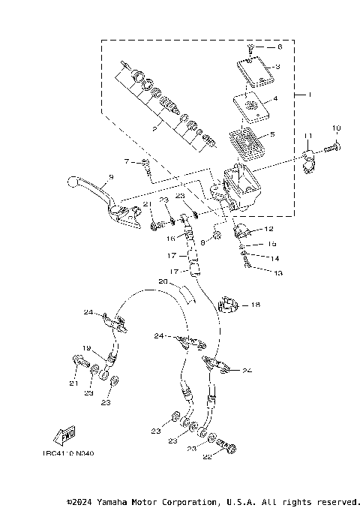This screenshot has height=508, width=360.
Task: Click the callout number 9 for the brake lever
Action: (109, 177)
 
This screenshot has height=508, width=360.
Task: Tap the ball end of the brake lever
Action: (72, 182)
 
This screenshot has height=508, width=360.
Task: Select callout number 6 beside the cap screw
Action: (280, 47)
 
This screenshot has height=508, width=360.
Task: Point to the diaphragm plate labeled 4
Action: (251, 105)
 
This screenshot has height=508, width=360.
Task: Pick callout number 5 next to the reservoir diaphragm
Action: (272, 135)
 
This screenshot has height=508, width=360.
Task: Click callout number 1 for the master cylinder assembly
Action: (301, 95)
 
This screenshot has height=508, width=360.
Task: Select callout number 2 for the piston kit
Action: (154, 129)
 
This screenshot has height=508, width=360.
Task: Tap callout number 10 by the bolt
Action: (337, 128)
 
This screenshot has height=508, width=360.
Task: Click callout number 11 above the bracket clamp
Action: (307, 134)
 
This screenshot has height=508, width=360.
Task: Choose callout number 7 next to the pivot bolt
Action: (127, 161)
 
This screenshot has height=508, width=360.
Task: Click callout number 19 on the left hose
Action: (86, 348)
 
